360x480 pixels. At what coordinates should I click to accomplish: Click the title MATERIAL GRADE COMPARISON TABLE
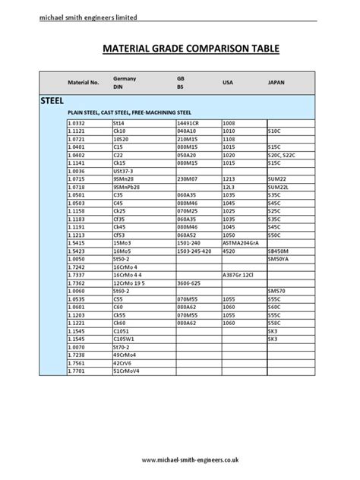coord(180,49)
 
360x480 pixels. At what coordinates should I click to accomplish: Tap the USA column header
coord(228,81)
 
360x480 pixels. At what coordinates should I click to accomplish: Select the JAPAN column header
coord(277,81)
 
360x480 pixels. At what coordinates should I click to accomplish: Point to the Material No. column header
coord(84,82)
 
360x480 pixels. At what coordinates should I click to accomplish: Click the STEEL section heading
coord(52,100)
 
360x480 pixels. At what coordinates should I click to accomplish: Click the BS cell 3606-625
coord(190,283)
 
